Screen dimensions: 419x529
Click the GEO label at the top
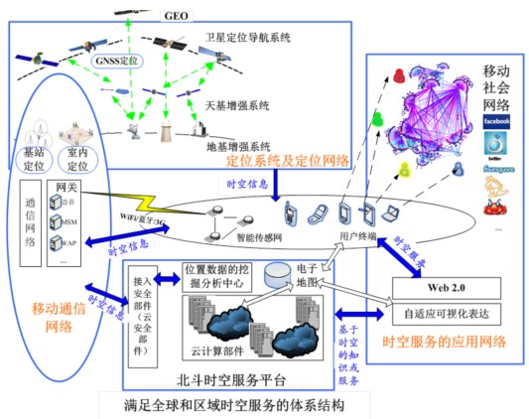click(x=174, y=15)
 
